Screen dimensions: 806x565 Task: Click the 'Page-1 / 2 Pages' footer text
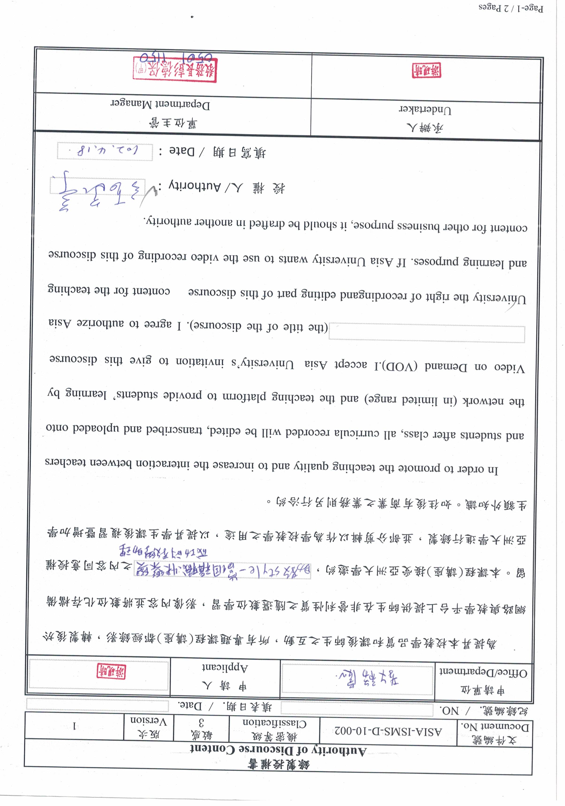[x=511, y=8]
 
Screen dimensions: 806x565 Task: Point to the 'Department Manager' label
[x=160, y=104]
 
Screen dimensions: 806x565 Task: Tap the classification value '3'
[x=201, y=723]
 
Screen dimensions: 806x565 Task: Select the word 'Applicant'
[x=225, y=667]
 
